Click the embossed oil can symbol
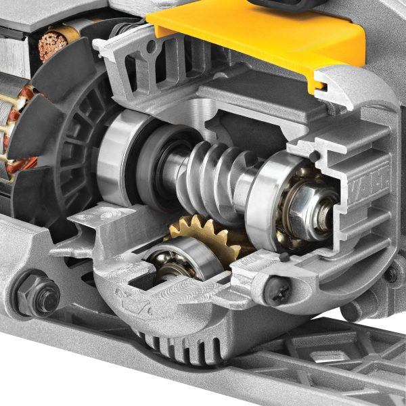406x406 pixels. [x=135, y=298]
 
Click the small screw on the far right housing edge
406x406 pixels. [x=390, y=275]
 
